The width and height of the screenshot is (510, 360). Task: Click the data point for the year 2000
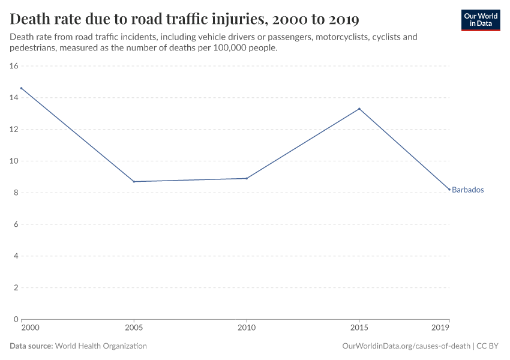coord(22,88)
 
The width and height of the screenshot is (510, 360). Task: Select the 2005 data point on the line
coord(134,182)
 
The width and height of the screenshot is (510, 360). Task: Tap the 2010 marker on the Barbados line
coord(247,178)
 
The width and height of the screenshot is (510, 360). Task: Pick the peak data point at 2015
coord(359,109)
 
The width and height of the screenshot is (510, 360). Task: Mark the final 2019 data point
coord(449,190)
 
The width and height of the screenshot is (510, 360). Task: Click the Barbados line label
coord(467,190)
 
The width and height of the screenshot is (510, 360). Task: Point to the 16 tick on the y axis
coord(14,66)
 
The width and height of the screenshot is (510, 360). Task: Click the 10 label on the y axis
coord(14,161)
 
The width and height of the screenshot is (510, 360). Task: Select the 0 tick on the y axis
coord(16,319)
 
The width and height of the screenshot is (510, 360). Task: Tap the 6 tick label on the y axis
coord(16,224)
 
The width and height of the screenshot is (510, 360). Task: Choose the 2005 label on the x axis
coord(134,328)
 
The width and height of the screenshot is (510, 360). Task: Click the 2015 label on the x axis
coord(359,328)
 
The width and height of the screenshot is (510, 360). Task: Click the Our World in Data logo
coord(480,20)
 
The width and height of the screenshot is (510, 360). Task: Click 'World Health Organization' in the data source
coord(101,346)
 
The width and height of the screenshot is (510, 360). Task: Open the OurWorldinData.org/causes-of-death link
coord(406,346)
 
